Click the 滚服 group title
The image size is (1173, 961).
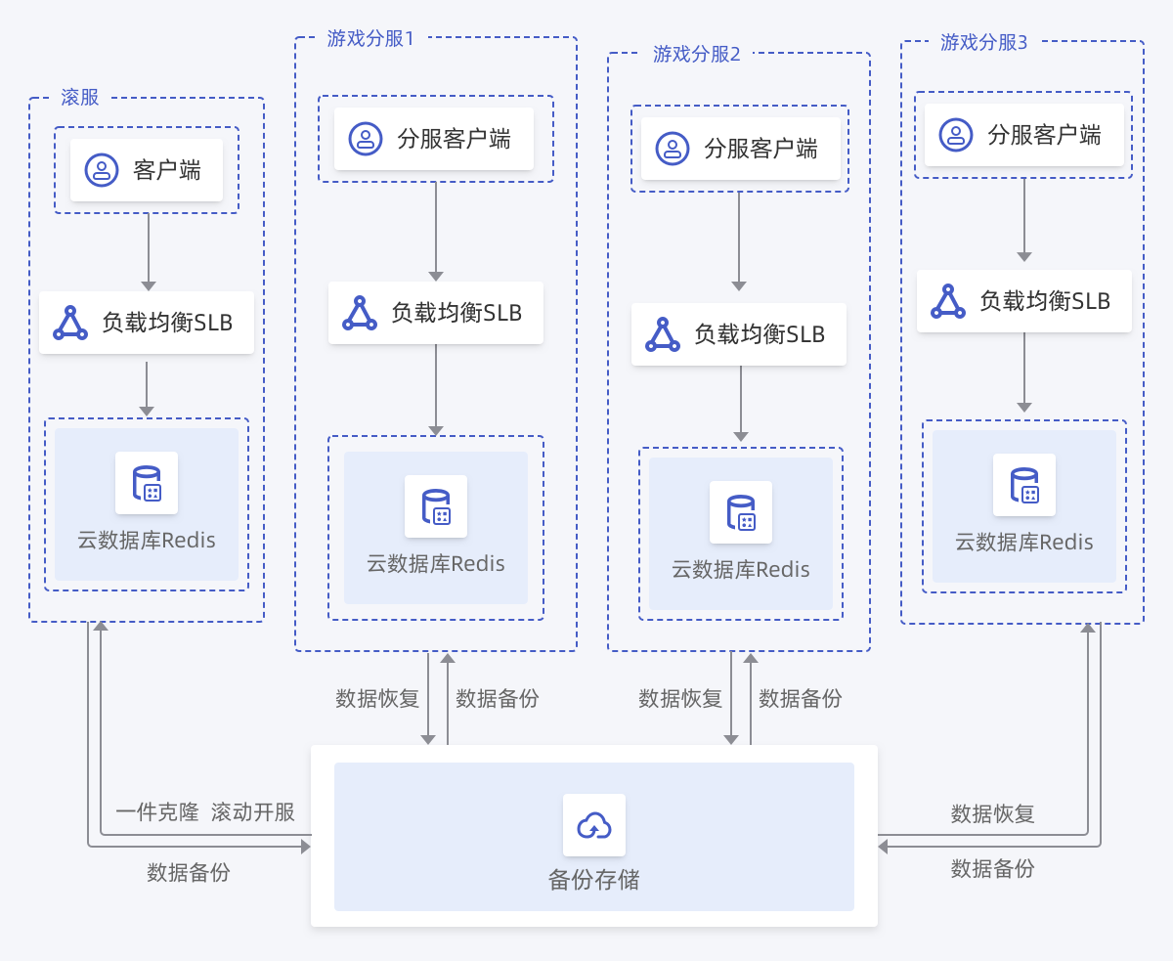click(80, 98)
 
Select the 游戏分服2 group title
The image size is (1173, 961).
click(697, 54)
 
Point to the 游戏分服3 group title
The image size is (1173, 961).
click(983, 42)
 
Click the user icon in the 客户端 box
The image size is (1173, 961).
click(101, 170)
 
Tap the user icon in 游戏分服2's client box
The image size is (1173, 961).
click(672, 149)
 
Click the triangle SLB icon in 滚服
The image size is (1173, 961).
click(70, 323)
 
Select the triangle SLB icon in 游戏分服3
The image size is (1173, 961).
click(947, 301)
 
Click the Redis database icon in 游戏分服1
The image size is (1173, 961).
click(436, 506)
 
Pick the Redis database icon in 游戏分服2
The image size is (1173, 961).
click(741, 512)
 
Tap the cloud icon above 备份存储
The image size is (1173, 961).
click(593, 825)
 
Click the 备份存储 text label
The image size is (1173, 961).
click(594, 879)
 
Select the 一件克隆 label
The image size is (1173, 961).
click(157, 812)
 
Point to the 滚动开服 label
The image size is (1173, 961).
click(253, 812)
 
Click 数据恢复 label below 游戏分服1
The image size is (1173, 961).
click(377, 698)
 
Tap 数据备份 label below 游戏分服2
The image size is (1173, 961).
click(801, 698)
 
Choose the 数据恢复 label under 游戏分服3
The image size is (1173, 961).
click(992, 813)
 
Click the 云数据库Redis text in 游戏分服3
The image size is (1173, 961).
click(1024, 543)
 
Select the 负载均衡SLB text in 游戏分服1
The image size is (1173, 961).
click(456, 313)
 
